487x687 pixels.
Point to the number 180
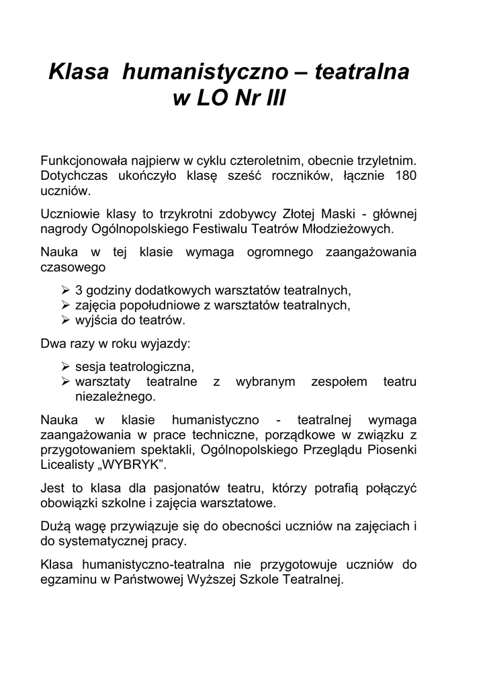[405, 176]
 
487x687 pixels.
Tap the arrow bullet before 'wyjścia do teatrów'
[65, 319]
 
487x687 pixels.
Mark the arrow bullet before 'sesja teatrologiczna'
[65, 367]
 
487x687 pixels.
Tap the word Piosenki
[393, 450]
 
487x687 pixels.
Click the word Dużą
[55, 528]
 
